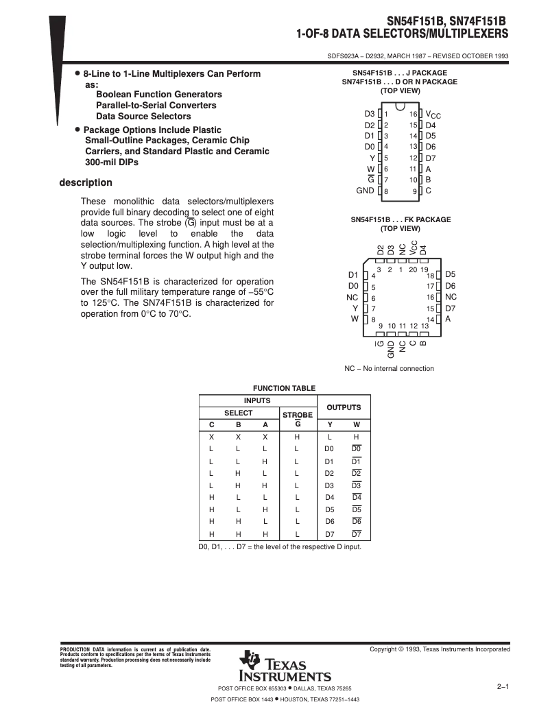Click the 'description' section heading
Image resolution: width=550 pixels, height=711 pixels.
tap(86, 183)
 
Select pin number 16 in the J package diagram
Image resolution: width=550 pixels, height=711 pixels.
tap(413, 114)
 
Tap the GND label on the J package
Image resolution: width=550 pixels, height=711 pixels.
tap(365, 190)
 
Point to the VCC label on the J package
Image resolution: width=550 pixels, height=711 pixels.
tap(433, 115)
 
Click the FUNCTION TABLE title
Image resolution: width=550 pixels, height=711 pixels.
tap(285, 388)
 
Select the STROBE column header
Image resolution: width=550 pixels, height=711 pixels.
tap(297, 415)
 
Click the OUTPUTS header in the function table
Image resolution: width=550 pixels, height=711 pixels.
tap(343, 407)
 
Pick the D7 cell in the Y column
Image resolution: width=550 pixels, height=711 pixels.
tap(329, 533)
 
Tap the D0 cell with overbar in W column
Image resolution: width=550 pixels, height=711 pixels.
tap(356, 448)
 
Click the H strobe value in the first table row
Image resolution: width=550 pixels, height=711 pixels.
tap(297, 437)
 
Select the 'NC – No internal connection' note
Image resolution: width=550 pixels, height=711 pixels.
tap(389, 368)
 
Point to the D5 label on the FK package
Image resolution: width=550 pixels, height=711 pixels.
tap(450, 274)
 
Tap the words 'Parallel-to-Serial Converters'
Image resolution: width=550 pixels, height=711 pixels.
tap(156, 105)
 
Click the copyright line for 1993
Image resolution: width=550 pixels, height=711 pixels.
tap(439, 649)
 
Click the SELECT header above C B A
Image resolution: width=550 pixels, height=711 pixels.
tap(239, 413)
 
